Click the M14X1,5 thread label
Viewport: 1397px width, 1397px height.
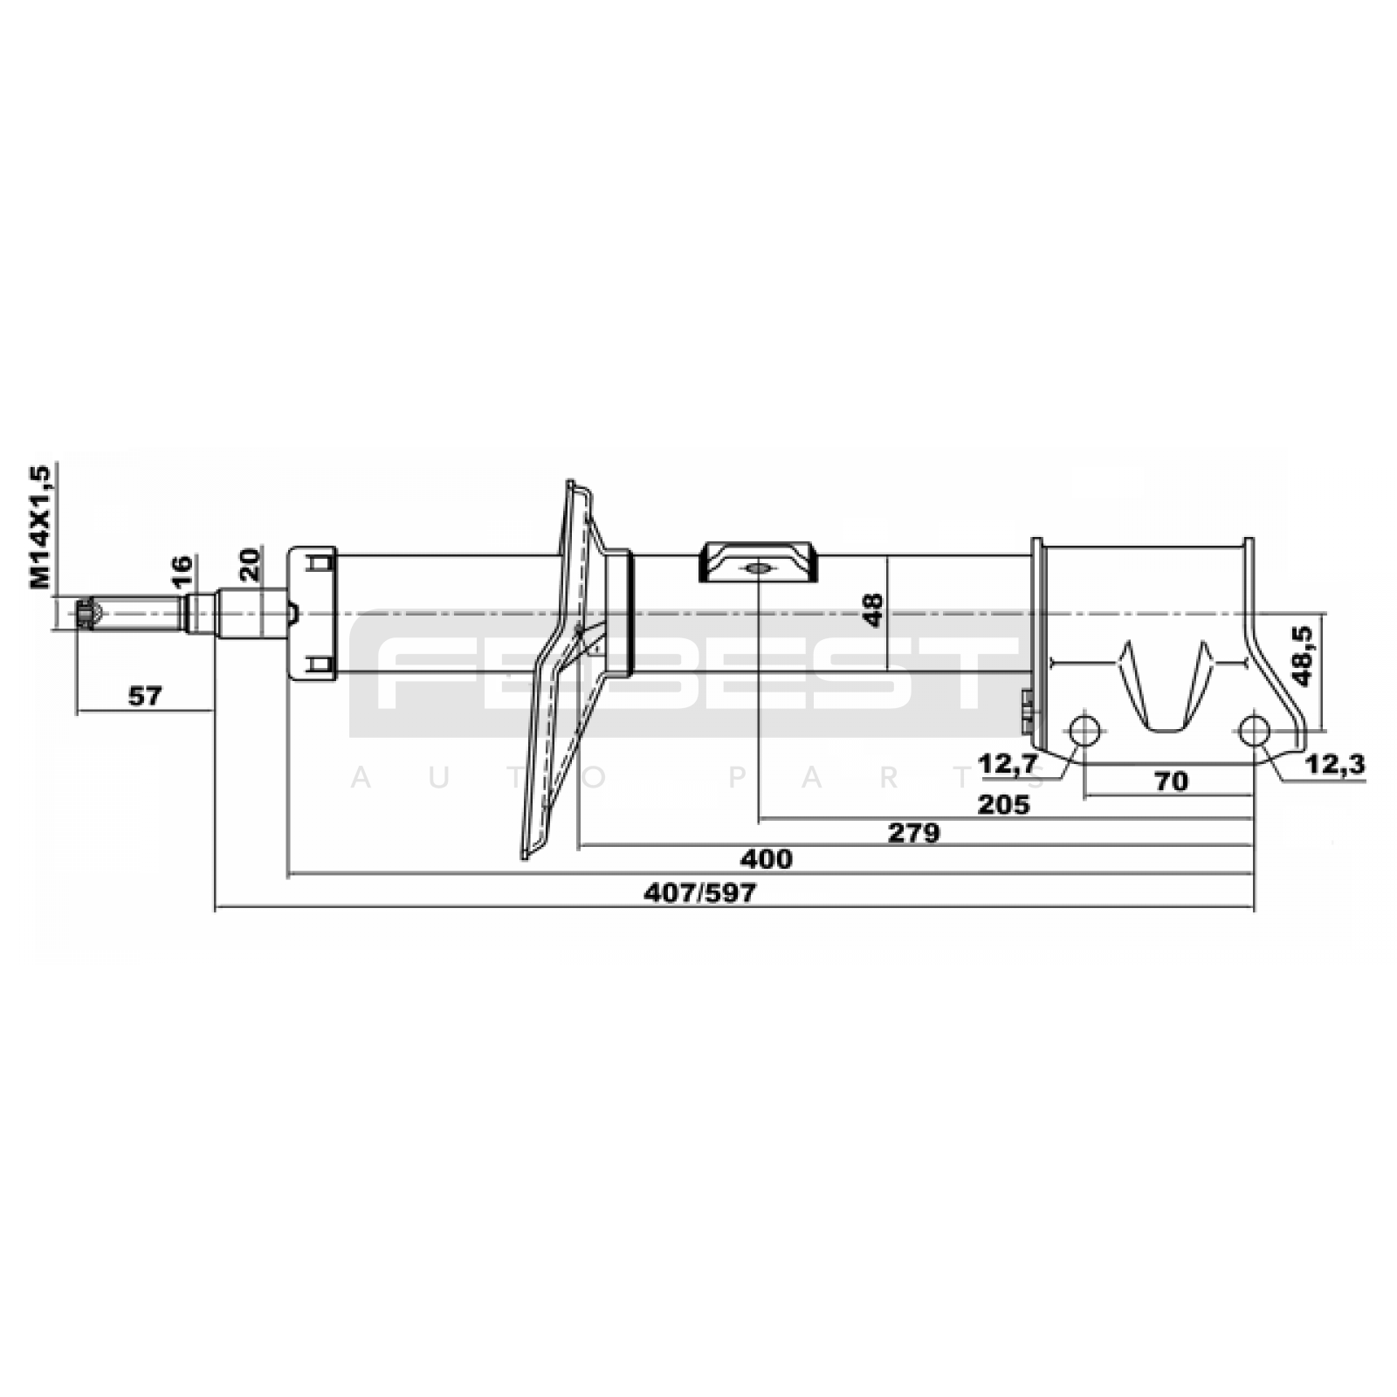pyautogui.click(x=41, y=526)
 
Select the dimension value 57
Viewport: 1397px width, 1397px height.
pyautogui.click(x=145, y=696)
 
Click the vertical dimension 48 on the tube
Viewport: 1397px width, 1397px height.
pyautogui.click(x=872, y=610)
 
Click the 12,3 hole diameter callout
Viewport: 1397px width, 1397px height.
pyautogui.click(x=1335, y=764)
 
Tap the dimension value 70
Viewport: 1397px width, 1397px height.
pyautogui.click(x=1171, y=781)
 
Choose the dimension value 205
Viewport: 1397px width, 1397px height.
pyautogui.click(x=1004, y=804)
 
